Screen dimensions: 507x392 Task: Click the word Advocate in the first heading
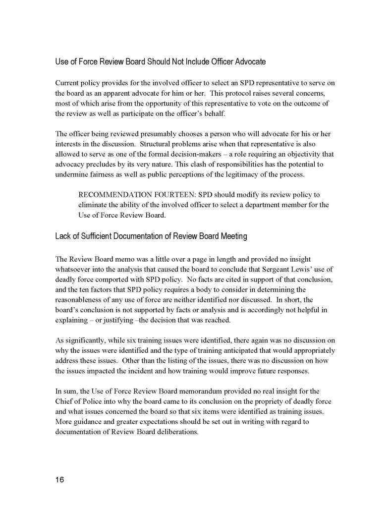click(249, 62)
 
